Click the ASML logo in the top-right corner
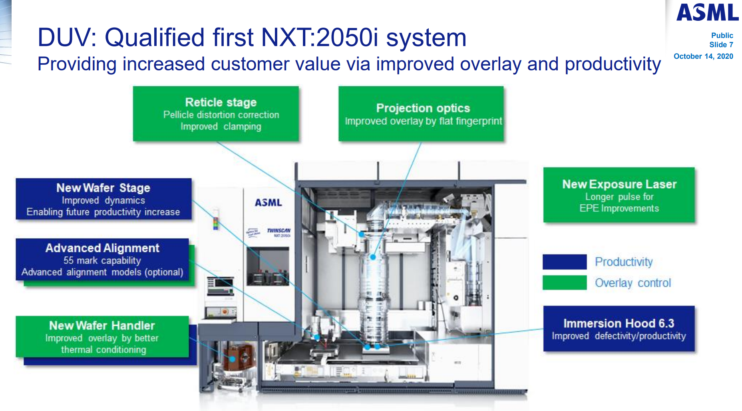(x=707, y=12)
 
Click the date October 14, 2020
(x=703, y=56)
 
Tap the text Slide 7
(x=721, y=45)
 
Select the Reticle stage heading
(x=221, y=102)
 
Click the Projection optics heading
(x=423, y=108)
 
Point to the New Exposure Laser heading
(x=619, y=184)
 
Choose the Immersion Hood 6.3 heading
(x=619, y=323)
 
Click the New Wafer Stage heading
(x=103, y=188)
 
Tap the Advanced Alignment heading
(x=102, y=248)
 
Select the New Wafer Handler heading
(x=102, y=325)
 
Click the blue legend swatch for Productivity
(x=565, y=262)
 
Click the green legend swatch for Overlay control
(x=565, y=283)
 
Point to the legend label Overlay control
(x=633, y=283)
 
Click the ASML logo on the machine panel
(x=269, y=203)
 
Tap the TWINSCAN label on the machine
(x=279, y=231)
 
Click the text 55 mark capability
(x=102, y=261)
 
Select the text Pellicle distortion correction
(x=221, y=115)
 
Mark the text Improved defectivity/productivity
(x=619, y=336)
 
